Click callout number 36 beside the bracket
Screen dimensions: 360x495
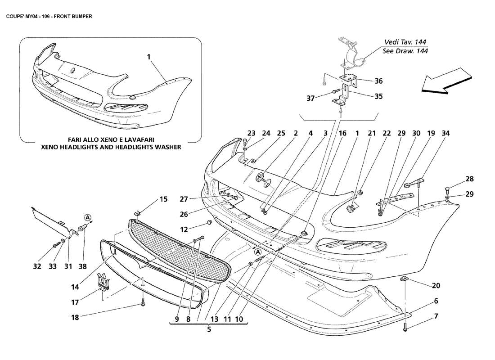378,81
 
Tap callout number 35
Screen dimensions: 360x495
378,96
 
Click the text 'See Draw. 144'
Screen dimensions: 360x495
405,51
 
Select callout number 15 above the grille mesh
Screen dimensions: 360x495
163,199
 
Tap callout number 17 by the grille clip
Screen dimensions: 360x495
75,302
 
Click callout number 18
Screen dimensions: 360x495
75,317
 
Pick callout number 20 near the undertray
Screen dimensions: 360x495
436,285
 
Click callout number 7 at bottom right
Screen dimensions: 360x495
436,316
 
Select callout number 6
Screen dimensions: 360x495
436,301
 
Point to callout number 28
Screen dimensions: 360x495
470,179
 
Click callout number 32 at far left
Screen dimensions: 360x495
37,266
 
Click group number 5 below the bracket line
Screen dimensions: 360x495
209,329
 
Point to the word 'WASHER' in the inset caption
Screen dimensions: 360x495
165,147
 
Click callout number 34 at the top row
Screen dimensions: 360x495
445,133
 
